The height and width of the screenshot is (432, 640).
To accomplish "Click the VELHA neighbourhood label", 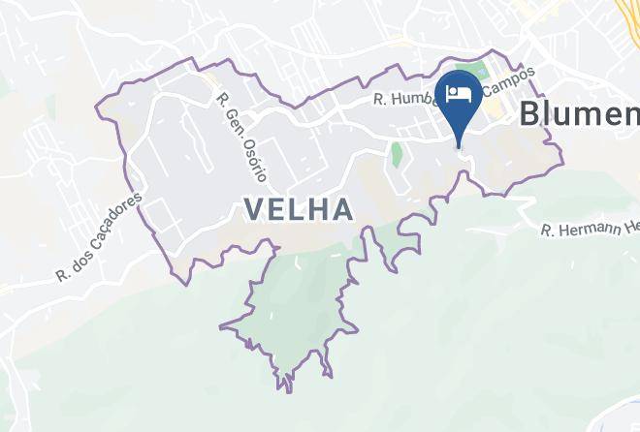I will tap(297, 208).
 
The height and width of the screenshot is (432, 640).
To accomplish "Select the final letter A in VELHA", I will tap(339, 208).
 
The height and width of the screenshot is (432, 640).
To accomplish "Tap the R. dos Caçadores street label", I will tap(100, 236).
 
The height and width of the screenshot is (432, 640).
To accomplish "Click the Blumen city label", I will tap(579, 113).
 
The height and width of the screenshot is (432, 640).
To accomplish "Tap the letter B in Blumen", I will tap(530, 113).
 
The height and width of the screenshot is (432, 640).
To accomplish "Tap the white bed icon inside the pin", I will tap(461, 93).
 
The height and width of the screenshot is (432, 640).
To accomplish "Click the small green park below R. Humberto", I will tap(396, 153).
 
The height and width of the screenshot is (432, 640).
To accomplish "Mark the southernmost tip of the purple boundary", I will tap(287, 391).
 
